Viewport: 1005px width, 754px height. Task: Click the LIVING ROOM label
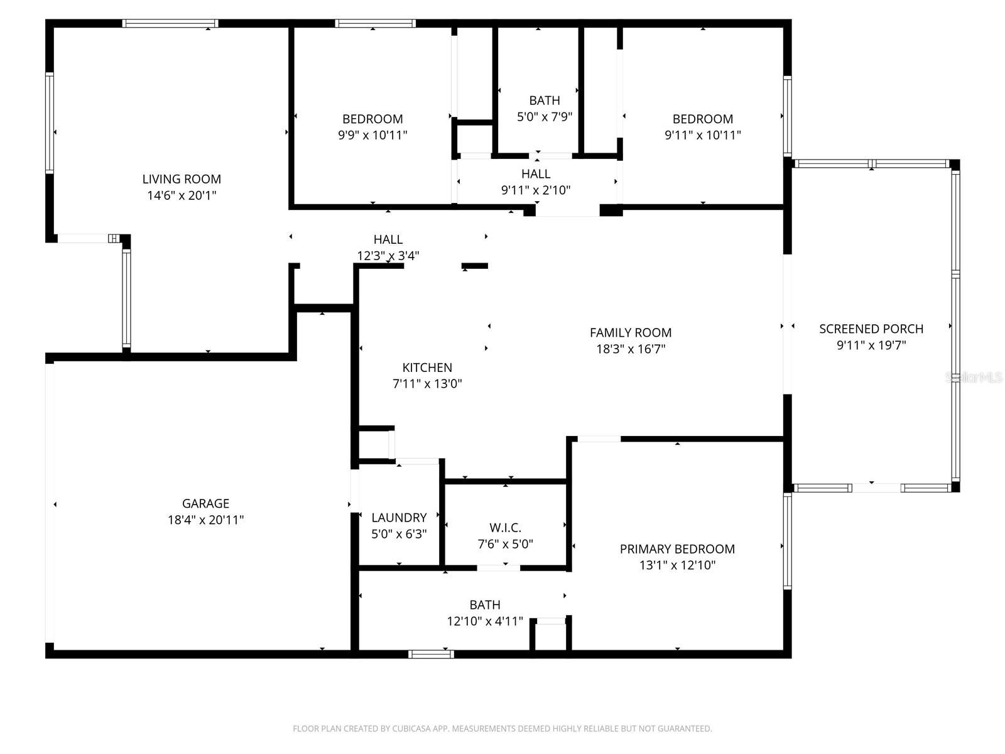point(182,179)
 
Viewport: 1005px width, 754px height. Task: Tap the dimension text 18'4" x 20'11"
point(205,520)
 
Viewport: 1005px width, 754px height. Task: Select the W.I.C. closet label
point(505,528)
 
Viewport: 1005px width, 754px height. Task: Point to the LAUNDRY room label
point(399,518)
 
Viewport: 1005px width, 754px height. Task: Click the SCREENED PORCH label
point(871,329)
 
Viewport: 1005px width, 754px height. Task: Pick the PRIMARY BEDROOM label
point(677,549)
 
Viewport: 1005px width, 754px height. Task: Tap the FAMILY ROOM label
point(631,333)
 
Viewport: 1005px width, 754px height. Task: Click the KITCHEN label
point(427,368)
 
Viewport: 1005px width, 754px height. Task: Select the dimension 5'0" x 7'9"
point(544,117)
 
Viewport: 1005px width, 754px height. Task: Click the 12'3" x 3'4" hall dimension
point(388,256)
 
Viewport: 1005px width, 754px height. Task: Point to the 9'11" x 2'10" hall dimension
point(535,190)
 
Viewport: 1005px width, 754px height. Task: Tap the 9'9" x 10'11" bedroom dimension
point(372,135)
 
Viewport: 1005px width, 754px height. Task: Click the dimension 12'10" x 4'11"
point(485,621)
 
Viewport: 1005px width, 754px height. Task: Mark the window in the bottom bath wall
point(431,654)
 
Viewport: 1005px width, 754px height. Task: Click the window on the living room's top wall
point(170,23)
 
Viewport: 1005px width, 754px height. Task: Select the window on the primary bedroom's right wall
point(787,541)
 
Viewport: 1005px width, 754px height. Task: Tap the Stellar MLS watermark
point(974,378)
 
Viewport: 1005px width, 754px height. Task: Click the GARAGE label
point(205,503)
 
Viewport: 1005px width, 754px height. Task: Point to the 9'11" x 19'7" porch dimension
point(871,345)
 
